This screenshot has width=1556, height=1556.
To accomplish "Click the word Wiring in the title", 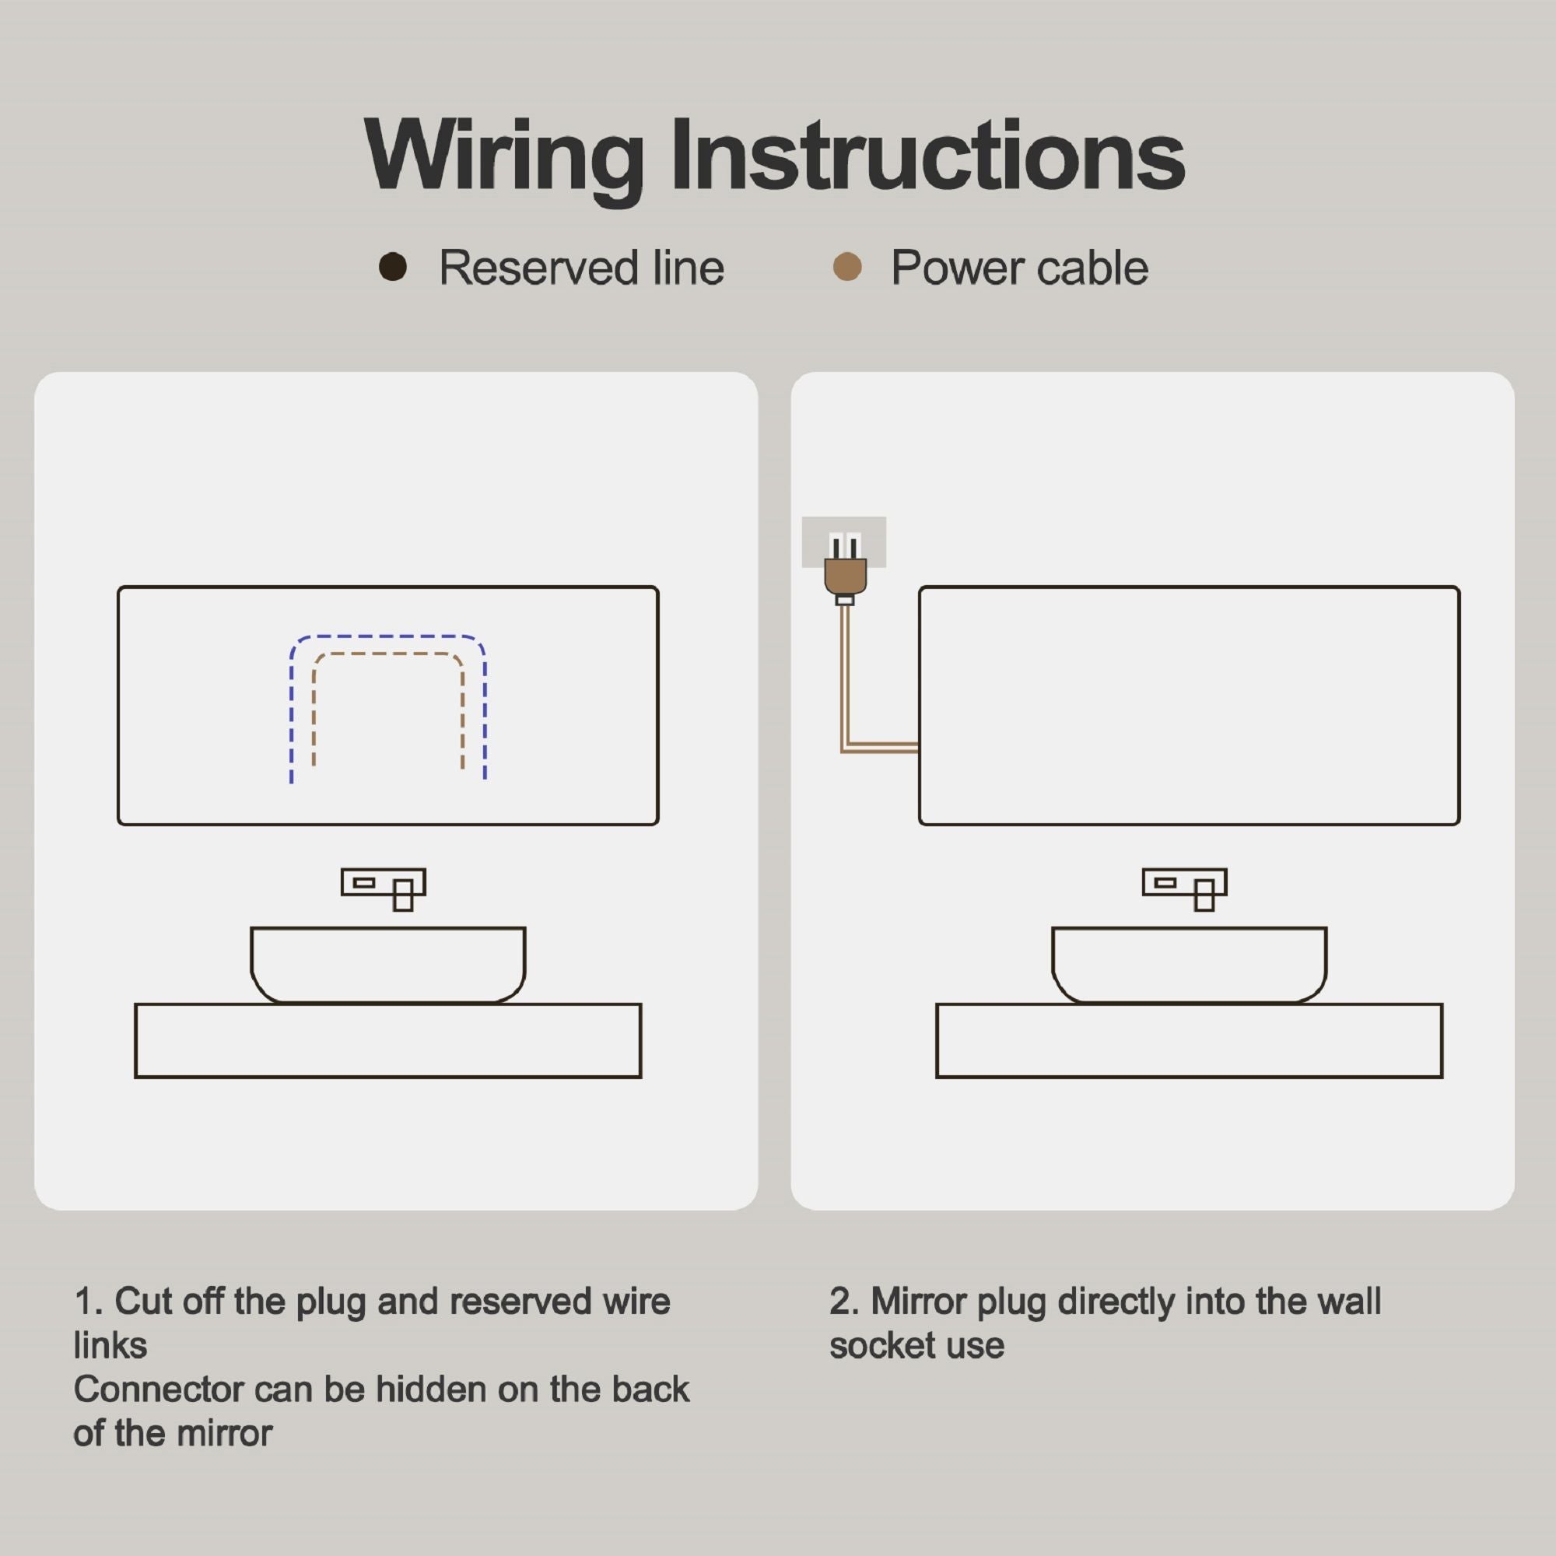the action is (x=503, y=158).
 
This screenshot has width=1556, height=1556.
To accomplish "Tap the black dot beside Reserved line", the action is (x=392, y=267).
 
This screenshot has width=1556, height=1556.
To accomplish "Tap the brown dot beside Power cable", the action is (x=846, y=267).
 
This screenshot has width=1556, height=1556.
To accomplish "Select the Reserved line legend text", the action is (x=580, y=268).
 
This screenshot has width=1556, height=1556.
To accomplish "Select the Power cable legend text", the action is (x=1019, y=268).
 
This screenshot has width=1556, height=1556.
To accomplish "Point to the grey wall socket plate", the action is (x=843, y=542).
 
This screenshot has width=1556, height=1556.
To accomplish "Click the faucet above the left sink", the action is (x=384, y=888).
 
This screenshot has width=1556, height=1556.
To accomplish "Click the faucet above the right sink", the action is (x=1185, y=888).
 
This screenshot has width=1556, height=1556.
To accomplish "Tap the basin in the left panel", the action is (x=388, y=965).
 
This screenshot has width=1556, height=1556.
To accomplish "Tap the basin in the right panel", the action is (x=1190, y=965).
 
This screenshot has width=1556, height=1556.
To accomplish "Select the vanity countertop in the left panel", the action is (x=388, y=1040).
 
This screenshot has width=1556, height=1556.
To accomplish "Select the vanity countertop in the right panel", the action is (x=1190, y=1040).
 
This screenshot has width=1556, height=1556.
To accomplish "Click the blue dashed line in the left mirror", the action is (x=388, y=636).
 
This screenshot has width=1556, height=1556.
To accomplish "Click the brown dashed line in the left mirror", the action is (x=388, y=654).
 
